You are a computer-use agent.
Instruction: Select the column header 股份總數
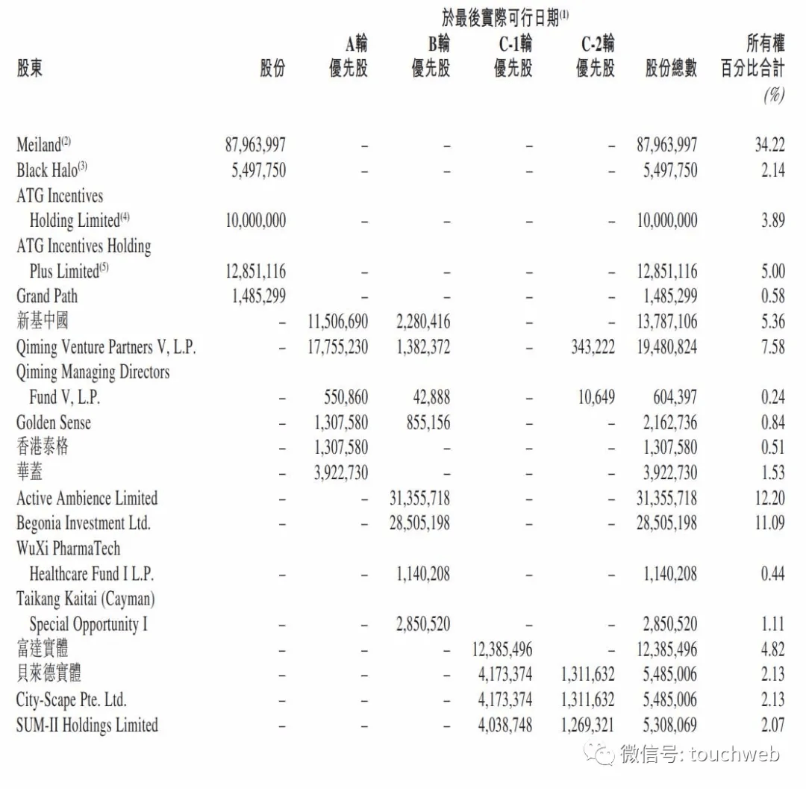(671, 69)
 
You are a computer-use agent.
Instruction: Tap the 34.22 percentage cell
(769, 144)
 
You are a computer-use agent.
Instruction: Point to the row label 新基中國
(43, 321)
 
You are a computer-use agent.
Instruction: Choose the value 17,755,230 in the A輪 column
(337, 346)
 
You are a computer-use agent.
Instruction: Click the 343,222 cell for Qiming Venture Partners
(593, 346)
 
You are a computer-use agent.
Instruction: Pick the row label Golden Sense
(54, 422)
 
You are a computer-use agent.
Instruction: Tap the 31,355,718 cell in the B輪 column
(419, 498)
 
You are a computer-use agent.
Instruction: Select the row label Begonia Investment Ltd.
(84, 523)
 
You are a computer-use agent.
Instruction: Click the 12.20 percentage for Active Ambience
(769, 498)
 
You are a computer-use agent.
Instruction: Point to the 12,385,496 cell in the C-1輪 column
(502, 649)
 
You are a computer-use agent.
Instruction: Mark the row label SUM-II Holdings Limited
(87, 725)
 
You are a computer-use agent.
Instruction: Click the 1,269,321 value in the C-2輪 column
(587, 725)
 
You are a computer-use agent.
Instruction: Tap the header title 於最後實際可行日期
(504, 16)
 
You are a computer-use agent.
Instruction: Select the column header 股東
(30, 69)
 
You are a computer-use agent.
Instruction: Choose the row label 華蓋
(30, 473)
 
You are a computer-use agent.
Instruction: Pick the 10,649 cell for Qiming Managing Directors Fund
(596, 397)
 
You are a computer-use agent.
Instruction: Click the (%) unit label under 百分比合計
(774, 95)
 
